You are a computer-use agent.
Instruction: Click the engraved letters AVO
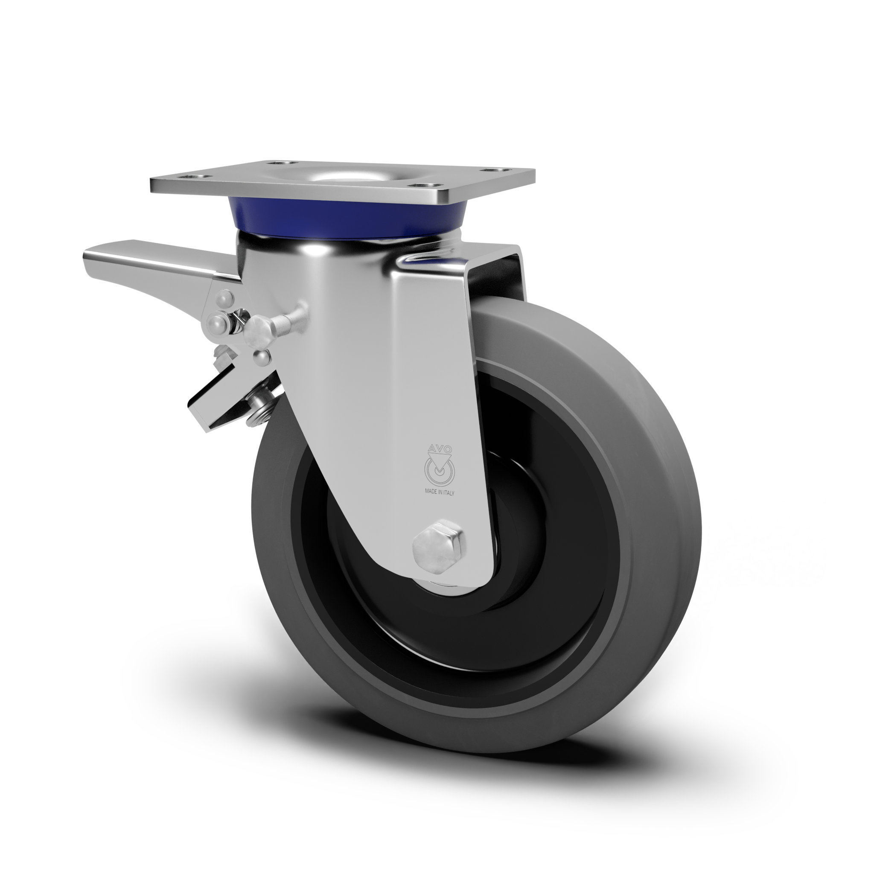click(x=439, y=449)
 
